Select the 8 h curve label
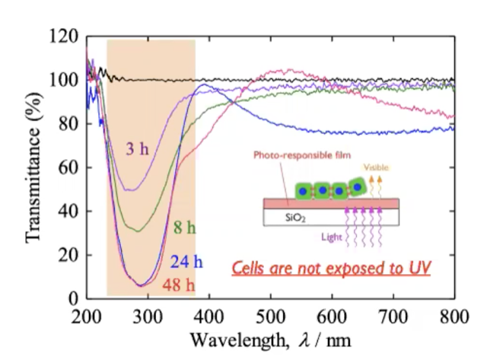tap(180, 228)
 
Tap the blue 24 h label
tap(186, 263)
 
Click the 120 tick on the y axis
tap(66, 37)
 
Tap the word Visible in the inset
tap(377, 168)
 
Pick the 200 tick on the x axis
tap(86, 315)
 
